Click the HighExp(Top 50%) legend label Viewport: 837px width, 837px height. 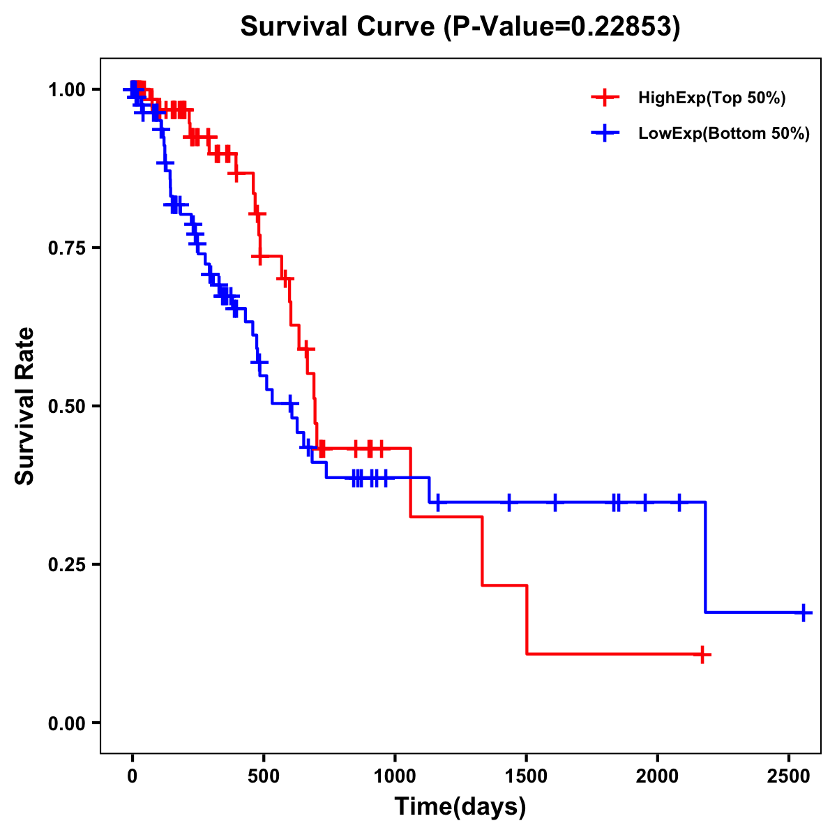click(711, 98)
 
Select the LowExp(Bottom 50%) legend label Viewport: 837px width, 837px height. click(724, 134)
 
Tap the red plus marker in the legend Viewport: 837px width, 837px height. click(605, 98)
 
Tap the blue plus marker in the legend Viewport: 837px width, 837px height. click(605, 133)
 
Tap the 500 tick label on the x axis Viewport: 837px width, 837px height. click(264, 774)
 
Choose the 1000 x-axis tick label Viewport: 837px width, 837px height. click(395, 774)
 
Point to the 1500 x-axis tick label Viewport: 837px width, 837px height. click(527, 774)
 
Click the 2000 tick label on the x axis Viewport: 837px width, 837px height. click(658, 774)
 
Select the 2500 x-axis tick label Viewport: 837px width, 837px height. click(789, 774)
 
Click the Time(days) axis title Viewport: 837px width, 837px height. click(460, 807)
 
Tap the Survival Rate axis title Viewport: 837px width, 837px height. click(26, 406)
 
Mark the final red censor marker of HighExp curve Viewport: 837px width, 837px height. click(702, 654)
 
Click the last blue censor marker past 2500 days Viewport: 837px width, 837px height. click(804, 613)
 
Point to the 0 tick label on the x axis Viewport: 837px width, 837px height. click(133, 774)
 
